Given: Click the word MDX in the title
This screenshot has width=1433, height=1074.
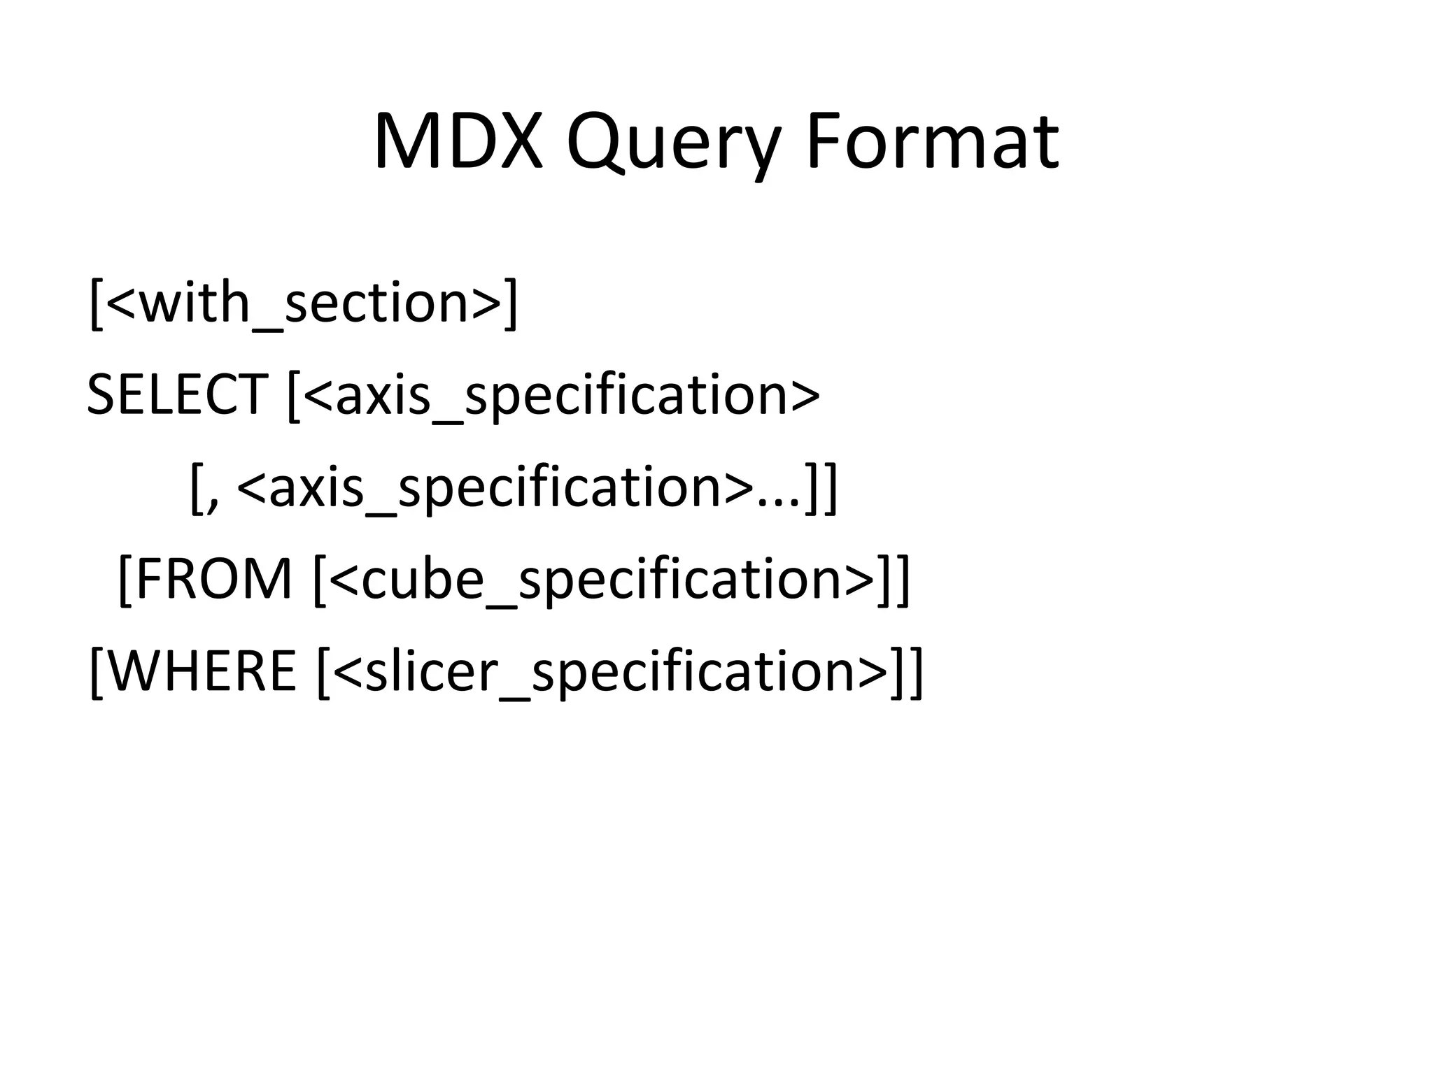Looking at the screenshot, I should tap(458, 142).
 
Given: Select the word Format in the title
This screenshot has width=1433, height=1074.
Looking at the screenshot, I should tap(932, 142).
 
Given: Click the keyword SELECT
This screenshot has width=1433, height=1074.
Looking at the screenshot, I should tap(177, 394).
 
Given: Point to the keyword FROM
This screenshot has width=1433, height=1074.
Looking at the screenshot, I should tap(214, 578).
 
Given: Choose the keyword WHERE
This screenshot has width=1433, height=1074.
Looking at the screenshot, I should tap(203, 671).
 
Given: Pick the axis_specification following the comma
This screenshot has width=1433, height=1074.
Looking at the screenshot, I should tap(496, 487).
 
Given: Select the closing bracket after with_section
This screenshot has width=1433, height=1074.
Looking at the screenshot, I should tap(511, 303).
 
